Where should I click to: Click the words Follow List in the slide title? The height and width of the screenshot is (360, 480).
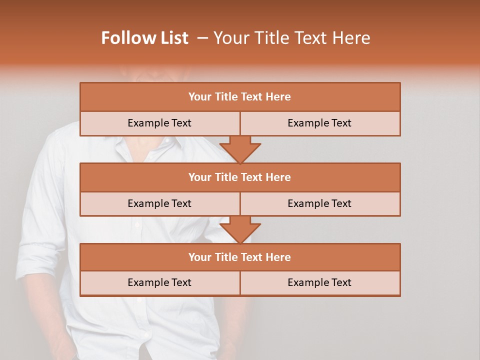(144, 38)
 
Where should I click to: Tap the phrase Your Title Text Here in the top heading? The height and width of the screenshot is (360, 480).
(291, 38)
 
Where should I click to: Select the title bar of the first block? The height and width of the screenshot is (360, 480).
(240, 97)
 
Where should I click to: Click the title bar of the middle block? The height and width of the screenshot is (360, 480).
(240, 177)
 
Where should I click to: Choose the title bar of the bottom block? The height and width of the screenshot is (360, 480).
(240, 257)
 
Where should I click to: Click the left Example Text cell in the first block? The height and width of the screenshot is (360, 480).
(159, 123)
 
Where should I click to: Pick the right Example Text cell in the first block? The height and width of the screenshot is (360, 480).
(320, 123)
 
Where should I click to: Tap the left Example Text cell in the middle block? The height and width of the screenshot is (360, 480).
(159, 203)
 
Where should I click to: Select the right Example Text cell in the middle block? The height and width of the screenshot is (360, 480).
(320, 203)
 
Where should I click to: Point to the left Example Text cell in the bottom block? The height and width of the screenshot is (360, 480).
(159, 282)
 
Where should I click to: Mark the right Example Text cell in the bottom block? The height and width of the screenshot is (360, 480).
(320, 282)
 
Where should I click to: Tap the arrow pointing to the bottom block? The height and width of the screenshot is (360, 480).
(240, 229)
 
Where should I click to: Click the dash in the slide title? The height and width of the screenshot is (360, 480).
(202, 38)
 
